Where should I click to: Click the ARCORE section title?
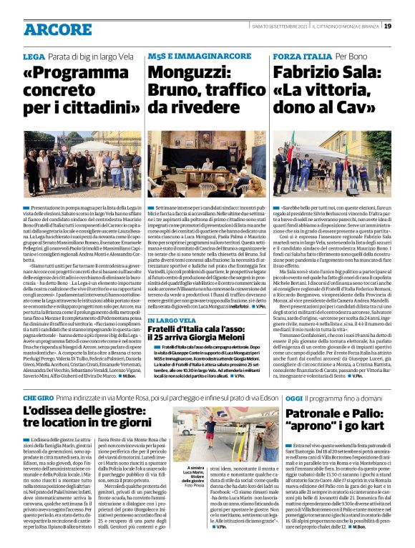(57, 29)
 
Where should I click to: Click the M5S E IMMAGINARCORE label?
(179, 56)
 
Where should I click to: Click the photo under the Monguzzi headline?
(206, 148)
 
